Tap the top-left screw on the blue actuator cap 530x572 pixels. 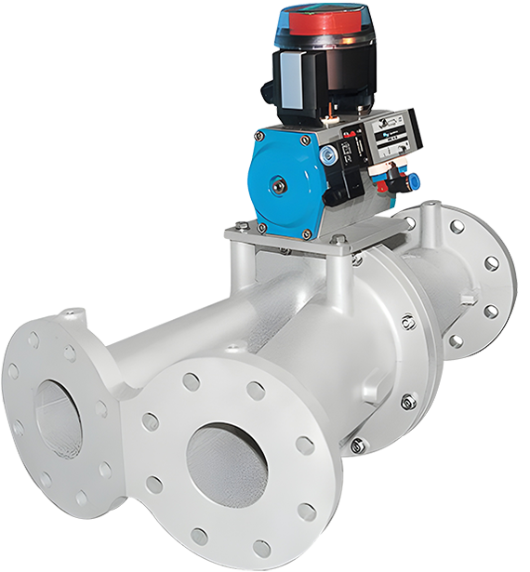(259, 136)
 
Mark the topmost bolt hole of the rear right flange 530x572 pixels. (457, 226)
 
